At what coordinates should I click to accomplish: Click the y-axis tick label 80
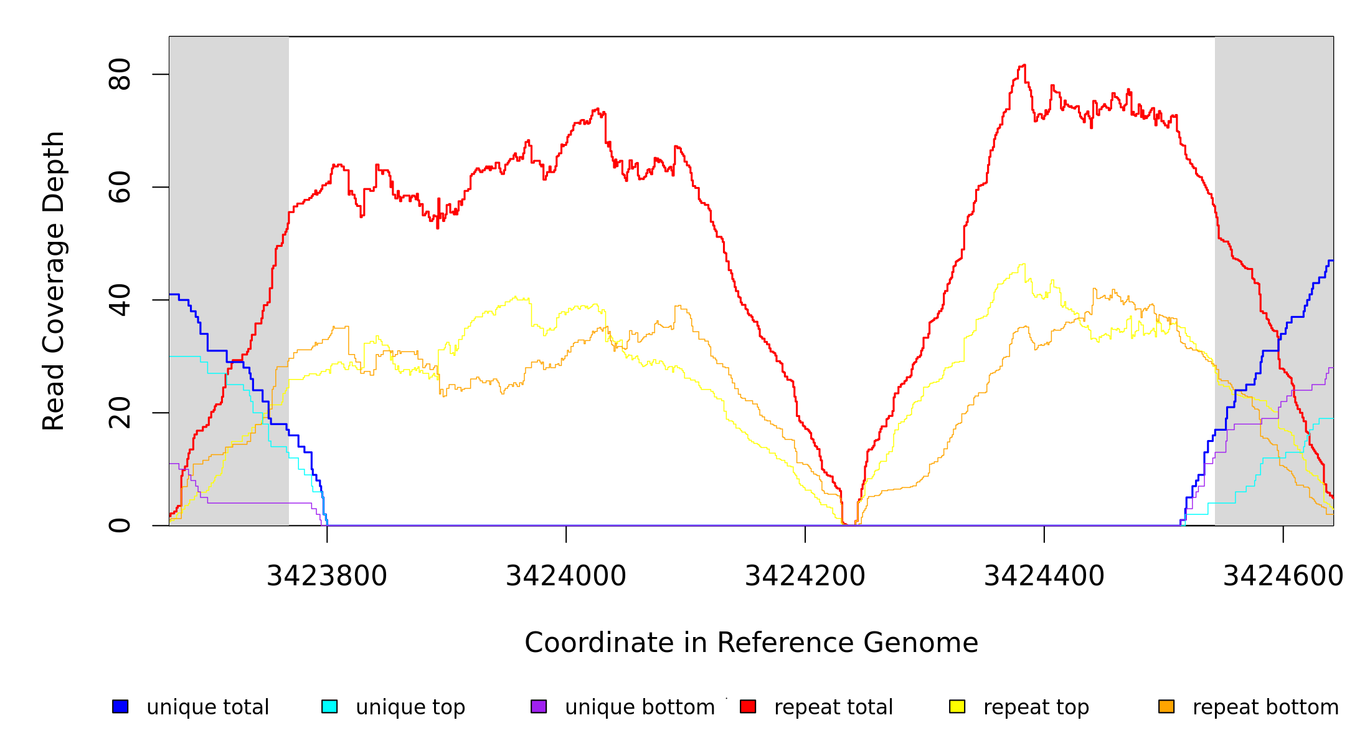point(120,74)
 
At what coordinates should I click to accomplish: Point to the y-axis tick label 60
point(120,187)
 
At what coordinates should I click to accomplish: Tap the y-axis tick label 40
point(120,300)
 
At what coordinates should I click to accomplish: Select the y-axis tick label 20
point(120,413)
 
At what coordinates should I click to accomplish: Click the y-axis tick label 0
point(120,525)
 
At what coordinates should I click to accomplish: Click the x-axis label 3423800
point(327,576)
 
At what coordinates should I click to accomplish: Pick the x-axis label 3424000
point(566,576)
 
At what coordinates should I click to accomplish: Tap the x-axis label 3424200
point(805,576)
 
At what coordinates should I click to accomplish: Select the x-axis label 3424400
point(1044,576)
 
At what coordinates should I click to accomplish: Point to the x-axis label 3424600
point(1283,576)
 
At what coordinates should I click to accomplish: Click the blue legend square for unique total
point(120,706)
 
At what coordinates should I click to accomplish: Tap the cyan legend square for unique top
point(329,706)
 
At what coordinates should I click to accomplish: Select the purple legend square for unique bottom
point(539,706)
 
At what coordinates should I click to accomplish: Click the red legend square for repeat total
point(748,706)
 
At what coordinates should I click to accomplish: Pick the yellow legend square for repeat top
point(957,706)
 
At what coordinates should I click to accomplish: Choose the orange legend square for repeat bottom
point(1166,706)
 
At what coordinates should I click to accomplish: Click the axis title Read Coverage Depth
point(54,280)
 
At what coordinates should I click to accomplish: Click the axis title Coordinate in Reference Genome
point(751,643)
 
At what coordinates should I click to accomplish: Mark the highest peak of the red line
point(1023,65)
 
